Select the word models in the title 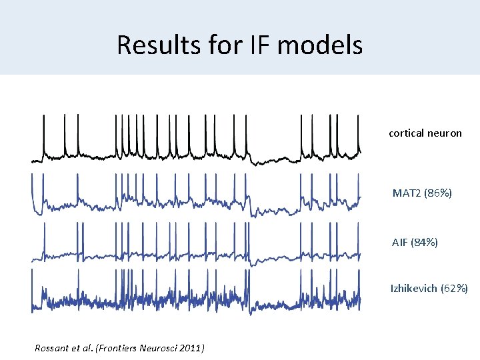tap(321, 45)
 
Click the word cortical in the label tap(407, 133)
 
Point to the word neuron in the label tap(445, 133)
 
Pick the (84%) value tap(426, 243)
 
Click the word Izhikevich tap(414, 289)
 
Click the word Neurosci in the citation tap(157, 347)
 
